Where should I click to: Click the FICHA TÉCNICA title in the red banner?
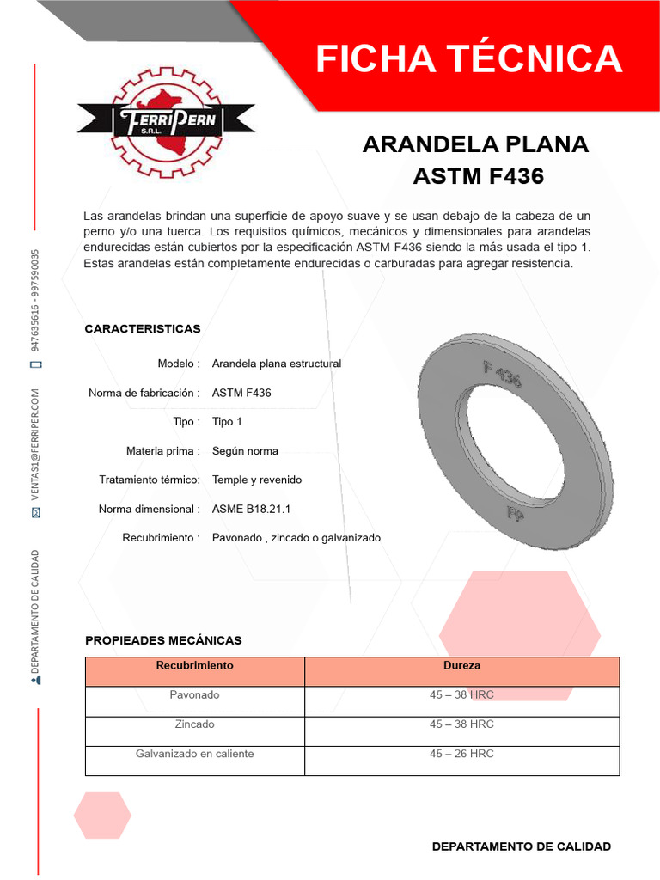[468, 58]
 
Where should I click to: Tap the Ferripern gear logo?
[166, 120]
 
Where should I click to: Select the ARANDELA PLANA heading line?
[475, 144]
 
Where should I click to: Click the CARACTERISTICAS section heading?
[143, 329]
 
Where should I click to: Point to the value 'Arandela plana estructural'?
[277, 364]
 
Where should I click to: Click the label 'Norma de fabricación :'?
[144, 393]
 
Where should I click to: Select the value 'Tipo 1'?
[228, 422]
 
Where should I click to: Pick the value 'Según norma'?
[245, 451]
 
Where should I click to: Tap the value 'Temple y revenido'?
[257, 480]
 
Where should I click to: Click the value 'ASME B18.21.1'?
[251, 509]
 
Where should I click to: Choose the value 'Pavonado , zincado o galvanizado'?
[296, 538]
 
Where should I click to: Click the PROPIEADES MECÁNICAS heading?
[163, 640]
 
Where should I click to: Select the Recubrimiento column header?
[194, 666]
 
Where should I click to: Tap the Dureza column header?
[461, 666]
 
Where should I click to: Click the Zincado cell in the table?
[194, 724]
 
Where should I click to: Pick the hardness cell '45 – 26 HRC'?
[461, 754]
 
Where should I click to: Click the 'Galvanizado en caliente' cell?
[194, 754]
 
